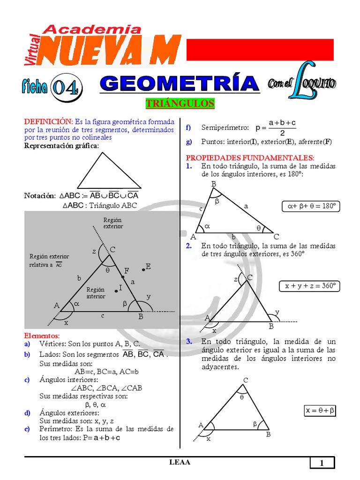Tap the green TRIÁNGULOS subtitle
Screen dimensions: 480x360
pyautogui.click(x=180, y=104)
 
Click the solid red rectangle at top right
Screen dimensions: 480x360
pyautogui.click(x=260, y=50)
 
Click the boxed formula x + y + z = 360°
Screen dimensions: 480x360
pyautogui.click(x=310, y=286)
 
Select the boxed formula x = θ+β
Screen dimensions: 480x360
pyautogui.click(x=320, y=411)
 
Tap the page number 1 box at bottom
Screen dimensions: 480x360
pyautogui.click(x=322, y=463)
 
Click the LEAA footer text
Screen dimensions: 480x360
pyautogui.click(x=180, y=463)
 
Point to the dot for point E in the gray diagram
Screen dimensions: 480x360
pyautogui.click(x=143, y=270)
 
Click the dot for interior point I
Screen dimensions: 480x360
pyautogui.click(x=116, y=291)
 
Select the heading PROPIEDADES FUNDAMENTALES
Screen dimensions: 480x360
pyautogui.click(x=250, y=157)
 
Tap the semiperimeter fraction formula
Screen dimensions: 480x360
pyautogui.click(x=276, y=127)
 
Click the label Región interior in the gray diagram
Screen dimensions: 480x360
pyautogui.click(x=96, y=293)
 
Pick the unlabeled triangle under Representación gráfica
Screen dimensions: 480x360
pyautogui.click(x=109, y=172)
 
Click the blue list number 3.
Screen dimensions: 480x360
pyautogui.click(x=189, y=341)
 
